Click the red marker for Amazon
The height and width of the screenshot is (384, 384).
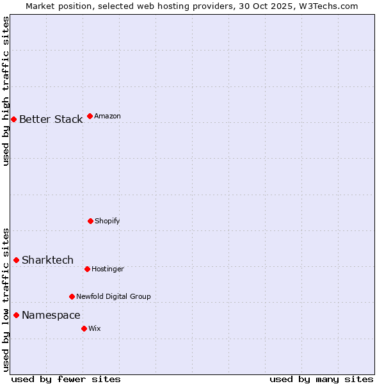click(x=90, y=116)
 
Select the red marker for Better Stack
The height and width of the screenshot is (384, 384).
click(x=13, y=119)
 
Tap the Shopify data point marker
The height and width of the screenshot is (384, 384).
click(x=90, y=221)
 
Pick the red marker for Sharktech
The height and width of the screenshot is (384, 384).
click(x=16, y=260)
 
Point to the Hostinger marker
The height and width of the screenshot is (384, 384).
click(x=87, y=269)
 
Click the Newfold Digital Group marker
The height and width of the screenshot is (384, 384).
click(x=72, y=296)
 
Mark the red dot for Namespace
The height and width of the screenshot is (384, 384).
click(x=16, y=315)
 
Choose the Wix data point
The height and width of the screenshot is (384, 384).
click(x=84, y=328)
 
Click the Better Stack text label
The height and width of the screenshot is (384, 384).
click(x=51, y=119)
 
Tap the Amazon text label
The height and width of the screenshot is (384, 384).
click(x=108, y=116)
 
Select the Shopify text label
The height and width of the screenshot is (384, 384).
click(x=108, y=221)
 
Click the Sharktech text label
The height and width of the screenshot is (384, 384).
click(x=47, y=260)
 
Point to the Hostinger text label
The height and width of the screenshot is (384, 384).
click(x=108, y=269)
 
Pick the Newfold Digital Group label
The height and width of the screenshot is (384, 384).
click(x=113, y=296)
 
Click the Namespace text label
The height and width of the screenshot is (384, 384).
click(x=51, y=315)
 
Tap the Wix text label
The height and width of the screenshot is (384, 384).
click(x=95, y=328)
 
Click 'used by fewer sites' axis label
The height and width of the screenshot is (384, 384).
click(x=66, y=379)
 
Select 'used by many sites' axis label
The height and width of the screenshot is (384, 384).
click(x=321, y=379)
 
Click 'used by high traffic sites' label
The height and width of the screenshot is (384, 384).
click(x=6, y=91)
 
